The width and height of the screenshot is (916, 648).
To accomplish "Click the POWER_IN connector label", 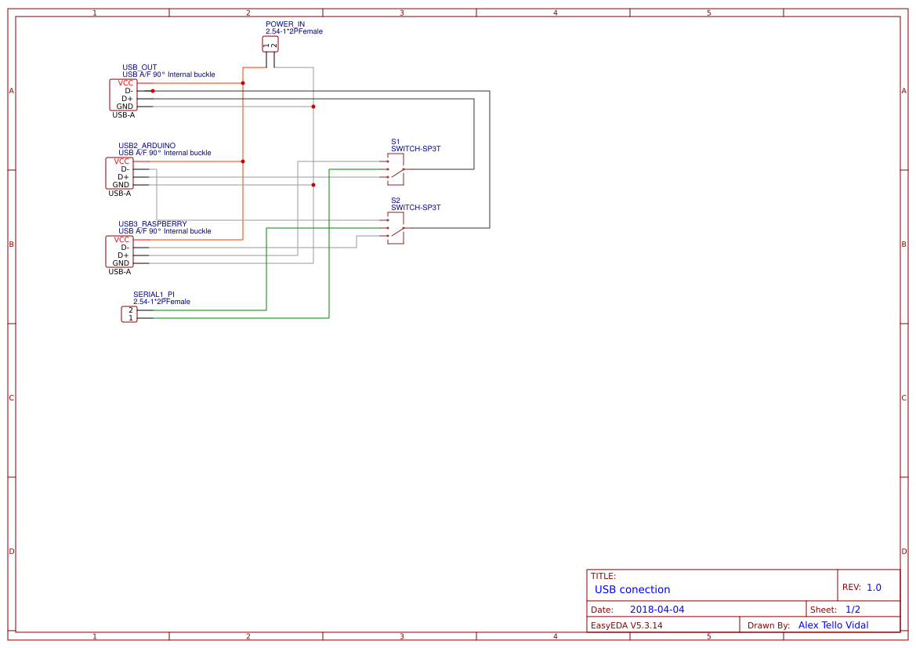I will pyautogui.click(x=284, y=24).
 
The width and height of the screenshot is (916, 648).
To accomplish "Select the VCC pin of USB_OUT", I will pyautogui.click(x=125, y=83).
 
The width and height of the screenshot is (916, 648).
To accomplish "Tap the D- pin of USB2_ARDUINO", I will pyautogui.click(x=125, y=169).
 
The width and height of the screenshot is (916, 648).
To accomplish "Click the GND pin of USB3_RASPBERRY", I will pyautogui.click(x=120, y=263).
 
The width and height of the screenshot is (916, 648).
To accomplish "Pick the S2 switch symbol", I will pyautogui.click(x=396, y=228).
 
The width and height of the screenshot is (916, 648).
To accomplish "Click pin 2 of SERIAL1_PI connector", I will pyautogui.click(x=131, y=310).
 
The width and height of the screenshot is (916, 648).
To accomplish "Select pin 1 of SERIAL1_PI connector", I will pyautogui.click(x=131, y=318).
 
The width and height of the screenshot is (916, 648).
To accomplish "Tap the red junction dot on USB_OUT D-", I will pyautogui.click(x=153, y=91).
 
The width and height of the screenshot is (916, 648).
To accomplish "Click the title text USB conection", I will pyautogui.click(x=632, y=589).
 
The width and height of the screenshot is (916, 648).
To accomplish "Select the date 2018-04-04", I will pyautogui.click(x=657, y=610).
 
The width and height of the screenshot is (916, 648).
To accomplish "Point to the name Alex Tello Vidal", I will pyautogui.click(x=838, y=625).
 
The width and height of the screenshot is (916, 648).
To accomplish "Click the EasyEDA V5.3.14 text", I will pyautogui.click(x=626, y=625).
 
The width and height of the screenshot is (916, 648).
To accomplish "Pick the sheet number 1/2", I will pyautogui.click(x=853, y=610).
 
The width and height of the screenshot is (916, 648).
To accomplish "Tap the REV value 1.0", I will pyautogui.click(x=874, y=588).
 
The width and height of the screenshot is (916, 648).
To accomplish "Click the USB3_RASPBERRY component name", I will pyautogui.click(x=152, y=224).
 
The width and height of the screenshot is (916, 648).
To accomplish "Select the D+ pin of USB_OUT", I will pyautogui.click(x=127, y=99).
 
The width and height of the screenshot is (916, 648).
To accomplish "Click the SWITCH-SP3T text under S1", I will pyautogui.click(x=415, y=149).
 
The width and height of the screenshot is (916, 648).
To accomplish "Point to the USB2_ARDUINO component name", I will pyautogui.click(x=147, y=146).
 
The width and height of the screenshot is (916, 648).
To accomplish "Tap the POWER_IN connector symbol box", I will pyautogui.click(x=270, y=45).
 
